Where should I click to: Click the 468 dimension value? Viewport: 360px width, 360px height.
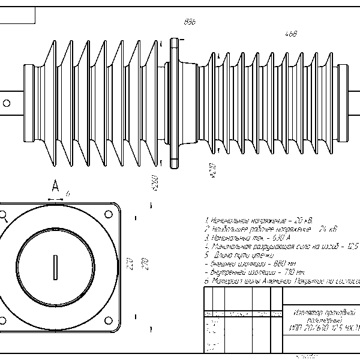click(292, 34)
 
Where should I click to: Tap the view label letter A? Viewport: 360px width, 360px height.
click(55, 186)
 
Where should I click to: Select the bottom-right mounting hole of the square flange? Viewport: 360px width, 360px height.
click(109, 319)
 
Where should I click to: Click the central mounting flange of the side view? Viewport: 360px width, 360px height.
click(175, 101)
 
